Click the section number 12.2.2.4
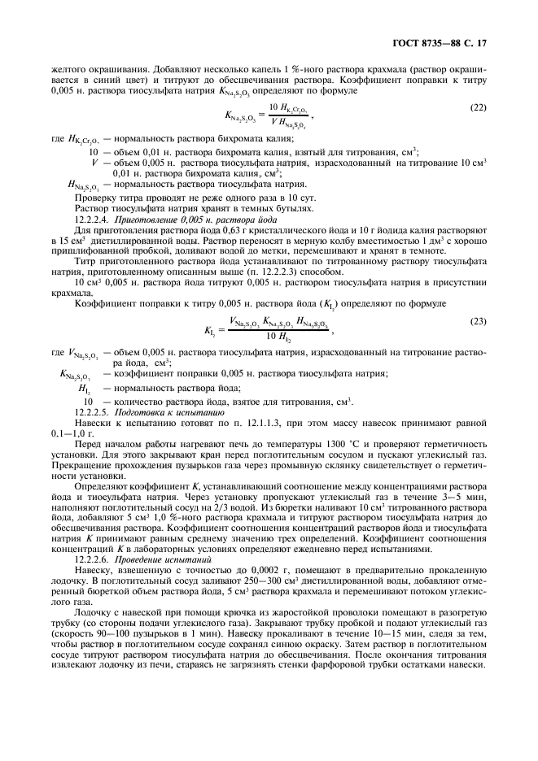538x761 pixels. pos(96,220)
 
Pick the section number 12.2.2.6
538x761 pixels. pos(96,559)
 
